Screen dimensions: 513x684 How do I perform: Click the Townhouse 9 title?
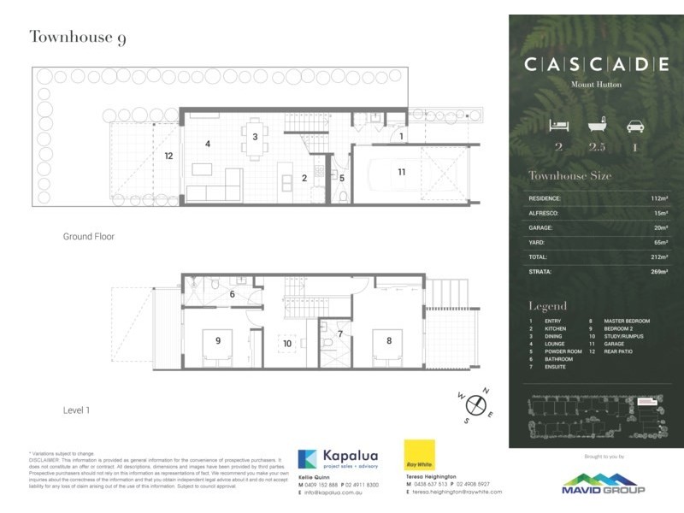77,38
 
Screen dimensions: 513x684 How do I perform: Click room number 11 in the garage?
401,172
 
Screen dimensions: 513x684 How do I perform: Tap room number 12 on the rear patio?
169,156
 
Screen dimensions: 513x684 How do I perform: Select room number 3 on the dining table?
254,137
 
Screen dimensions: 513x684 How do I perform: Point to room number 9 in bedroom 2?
218,340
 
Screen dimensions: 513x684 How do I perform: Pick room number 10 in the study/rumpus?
287,344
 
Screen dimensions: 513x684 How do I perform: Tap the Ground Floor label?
88,236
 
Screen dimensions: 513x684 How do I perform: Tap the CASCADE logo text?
596,64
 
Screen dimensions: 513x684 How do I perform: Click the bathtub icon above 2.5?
596,126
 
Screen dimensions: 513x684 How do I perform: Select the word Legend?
547,305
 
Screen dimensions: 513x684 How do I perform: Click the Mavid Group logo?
596,483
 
